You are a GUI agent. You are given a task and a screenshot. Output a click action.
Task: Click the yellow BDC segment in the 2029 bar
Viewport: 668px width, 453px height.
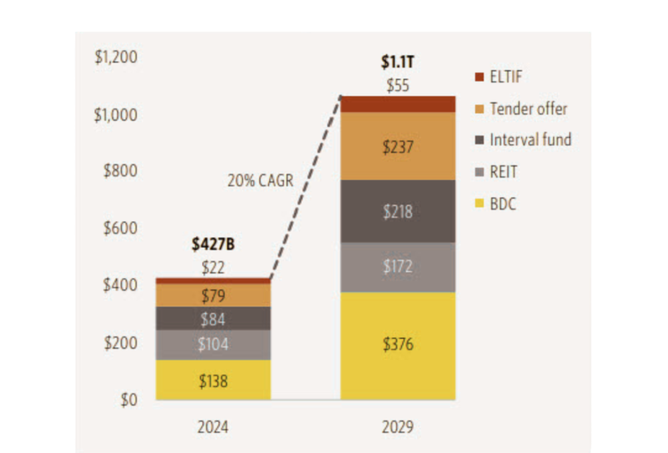pyautogui.click(x=398, y=346)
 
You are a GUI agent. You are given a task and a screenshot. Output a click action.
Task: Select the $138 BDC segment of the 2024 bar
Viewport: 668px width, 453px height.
pyautogui.click(x=213, y=381)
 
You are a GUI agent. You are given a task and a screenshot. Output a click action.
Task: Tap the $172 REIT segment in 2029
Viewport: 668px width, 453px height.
pyautogui.click(x=398, y=267)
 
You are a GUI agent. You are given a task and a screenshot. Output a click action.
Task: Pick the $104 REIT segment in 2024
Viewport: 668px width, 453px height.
pyautogui.click(x=213, y=345)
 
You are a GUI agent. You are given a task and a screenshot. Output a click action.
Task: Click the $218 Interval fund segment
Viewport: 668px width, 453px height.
pyautogui.click(x=398, y=211)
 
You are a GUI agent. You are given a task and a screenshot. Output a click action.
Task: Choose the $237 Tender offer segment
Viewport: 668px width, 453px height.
pyautogui.click(x=398, y=147)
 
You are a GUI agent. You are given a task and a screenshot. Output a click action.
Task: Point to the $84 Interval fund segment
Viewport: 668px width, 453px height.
pyautogui.click(x=213, y=319)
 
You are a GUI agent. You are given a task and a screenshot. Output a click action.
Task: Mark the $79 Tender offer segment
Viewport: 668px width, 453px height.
pyautogui.click(x=213, y=296)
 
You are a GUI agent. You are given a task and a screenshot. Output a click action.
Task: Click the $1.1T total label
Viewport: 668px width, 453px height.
pyautogui.click(x=398, y=63)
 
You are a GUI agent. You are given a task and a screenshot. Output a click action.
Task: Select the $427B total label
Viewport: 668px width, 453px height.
pyautogui.click(x=213, y=244)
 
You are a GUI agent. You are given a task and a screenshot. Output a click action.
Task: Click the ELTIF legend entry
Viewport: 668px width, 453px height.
pyautogui.click(x=505, y=77)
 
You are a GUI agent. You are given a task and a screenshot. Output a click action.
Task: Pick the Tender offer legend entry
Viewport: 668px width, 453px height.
pyautogui.click(x=528, y=108)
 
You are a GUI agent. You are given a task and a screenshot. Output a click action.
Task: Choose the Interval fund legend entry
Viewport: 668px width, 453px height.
pyautogui.click(x=530, y=140)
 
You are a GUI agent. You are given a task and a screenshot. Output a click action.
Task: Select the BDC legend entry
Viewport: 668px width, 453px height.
pyautogui.click(x=502, y=204)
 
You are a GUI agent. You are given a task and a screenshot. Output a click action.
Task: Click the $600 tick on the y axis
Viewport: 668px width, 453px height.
pyautogui.click(x=120, y=228)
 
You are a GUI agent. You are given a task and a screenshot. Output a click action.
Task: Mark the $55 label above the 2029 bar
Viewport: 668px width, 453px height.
pyautogui.click(x=398, y=85)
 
